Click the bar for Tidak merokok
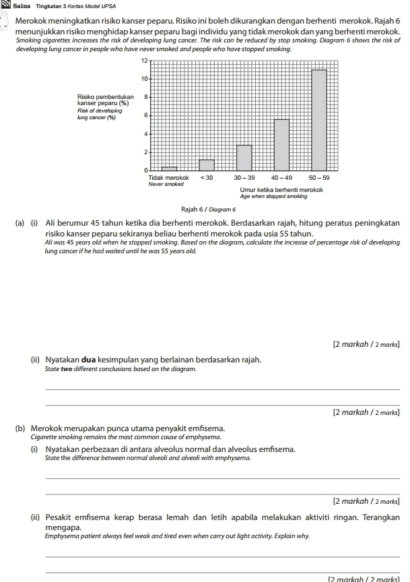point(169,169)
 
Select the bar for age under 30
point(207,165)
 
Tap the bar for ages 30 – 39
point(244,158)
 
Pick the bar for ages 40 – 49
point(281,145)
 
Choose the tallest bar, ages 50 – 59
point(319,121)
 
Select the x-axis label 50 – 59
point(319,177)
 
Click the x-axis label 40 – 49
point(281,177)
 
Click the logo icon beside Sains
point(5,5)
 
